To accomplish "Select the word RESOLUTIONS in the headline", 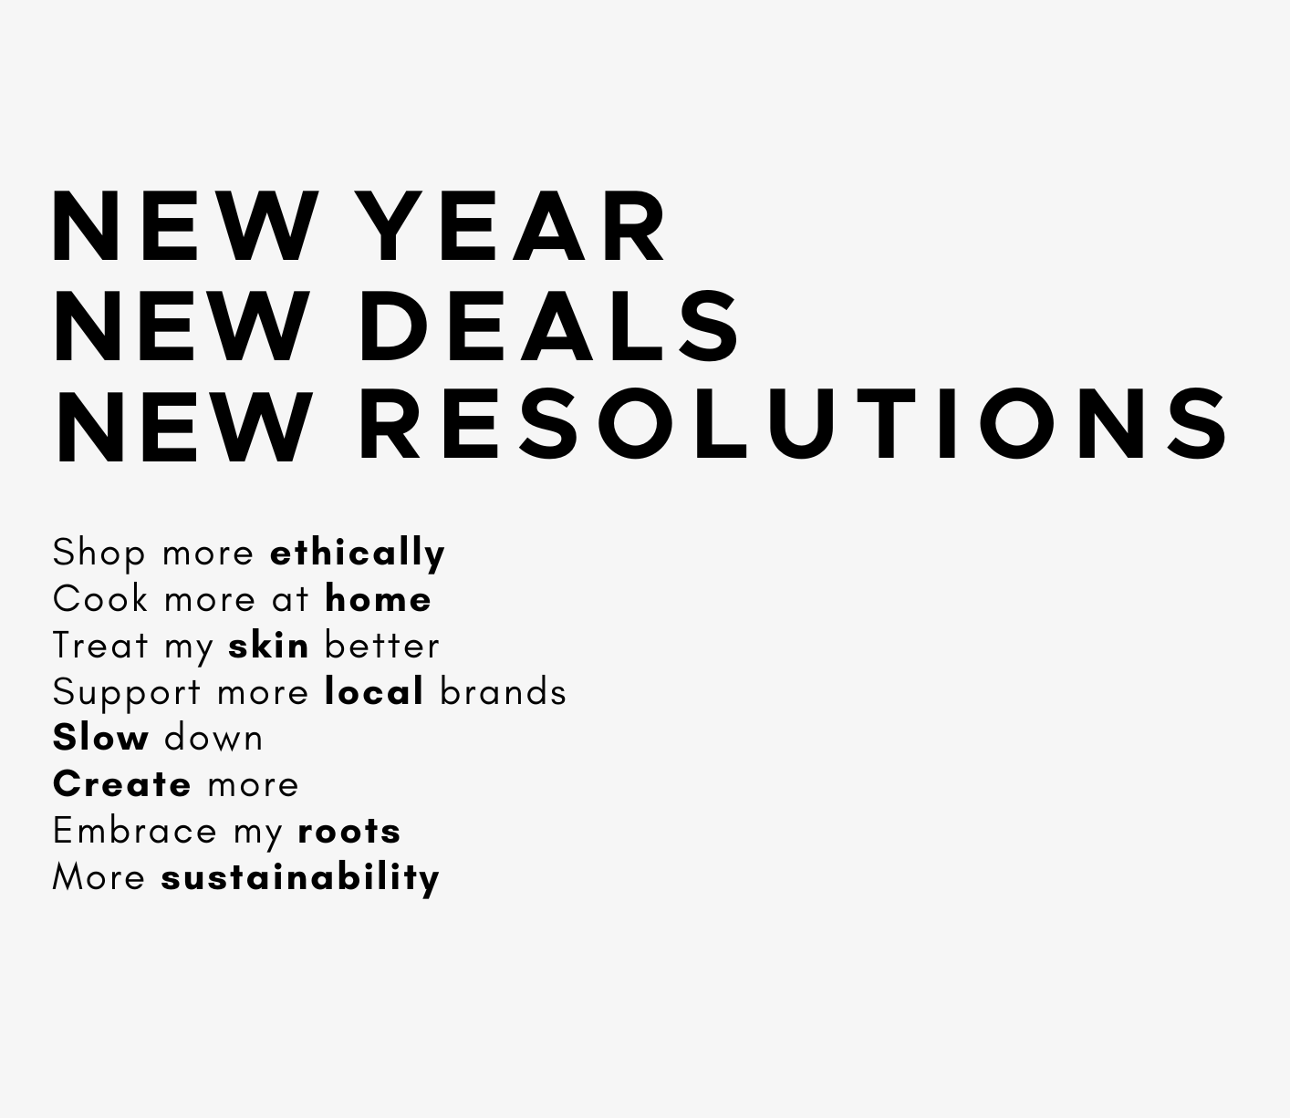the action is tap(794, 424).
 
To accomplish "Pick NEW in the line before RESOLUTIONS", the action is tap(183, 427).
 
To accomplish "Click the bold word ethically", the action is tap(358, 554).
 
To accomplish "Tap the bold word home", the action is tap(379, 599).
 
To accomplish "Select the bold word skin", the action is tap(268, 645).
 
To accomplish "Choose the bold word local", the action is tap(374, 691).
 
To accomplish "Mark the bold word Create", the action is tap(122, 783).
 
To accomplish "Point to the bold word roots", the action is tap(349, 831).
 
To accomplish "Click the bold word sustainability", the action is tap(300, 878).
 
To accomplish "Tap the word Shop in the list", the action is tap(99, 554).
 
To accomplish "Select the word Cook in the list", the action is tap(99, 599).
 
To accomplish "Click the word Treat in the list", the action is tap(100, 645).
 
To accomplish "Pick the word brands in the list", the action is tap(503, 691).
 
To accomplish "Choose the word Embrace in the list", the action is tap(135, 831).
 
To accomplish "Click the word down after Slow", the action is tap(213, 738).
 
